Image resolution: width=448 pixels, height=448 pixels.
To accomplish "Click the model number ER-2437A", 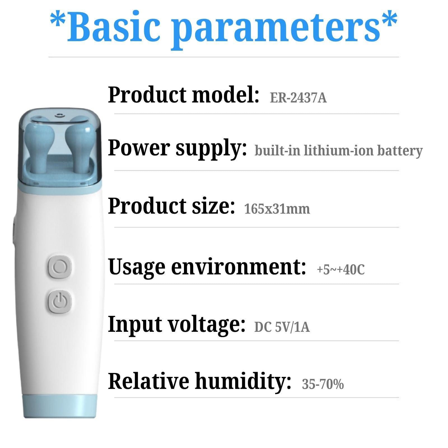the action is click(298, 98).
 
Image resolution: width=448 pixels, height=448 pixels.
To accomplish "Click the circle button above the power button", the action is click(59, 267).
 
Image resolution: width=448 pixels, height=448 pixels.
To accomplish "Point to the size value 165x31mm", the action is click(277, 209).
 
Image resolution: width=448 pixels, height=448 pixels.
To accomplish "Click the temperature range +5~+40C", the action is click(341, 269).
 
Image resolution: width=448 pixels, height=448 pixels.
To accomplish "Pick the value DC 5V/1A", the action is click(282, 327).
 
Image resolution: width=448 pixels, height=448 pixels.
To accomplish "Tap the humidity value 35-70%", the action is click(323, 384).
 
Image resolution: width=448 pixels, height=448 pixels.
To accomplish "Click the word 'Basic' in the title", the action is click(114, 28).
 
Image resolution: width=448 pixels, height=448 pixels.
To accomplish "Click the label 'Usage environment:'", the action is click(207, 267).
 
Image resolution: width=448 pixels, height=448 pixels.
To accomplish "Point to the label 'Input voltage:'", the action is click(177, 324).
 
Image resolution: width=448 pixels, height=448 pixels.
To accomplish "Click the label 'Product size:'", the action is click(171, 206).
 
